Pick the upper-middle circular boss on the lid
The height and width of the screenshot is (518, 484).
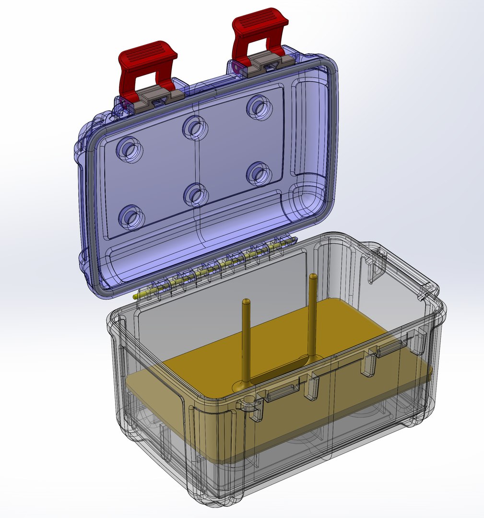pyautogui.click(x=195, y=127)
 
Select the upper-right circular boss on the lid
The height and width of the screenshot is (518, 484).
pyautogui.click(x=259, y=107)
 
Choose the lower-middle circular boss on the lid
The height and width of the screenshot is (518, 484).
pyautogui.click(x=196, y=194)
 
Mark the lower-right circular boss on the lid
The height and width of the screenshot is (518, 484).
pyautogui.click(x=260, y=174)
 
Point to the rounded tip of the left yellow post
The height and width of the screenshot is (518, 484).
pyautogui.click(x=247, y=301)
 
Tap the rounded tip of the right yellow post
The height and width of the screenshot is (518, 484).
pyautogui.click(x=313, y=276)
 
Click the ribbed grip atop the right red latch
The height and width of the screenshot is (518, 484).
pyautogui.click(x=259, y=22)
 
